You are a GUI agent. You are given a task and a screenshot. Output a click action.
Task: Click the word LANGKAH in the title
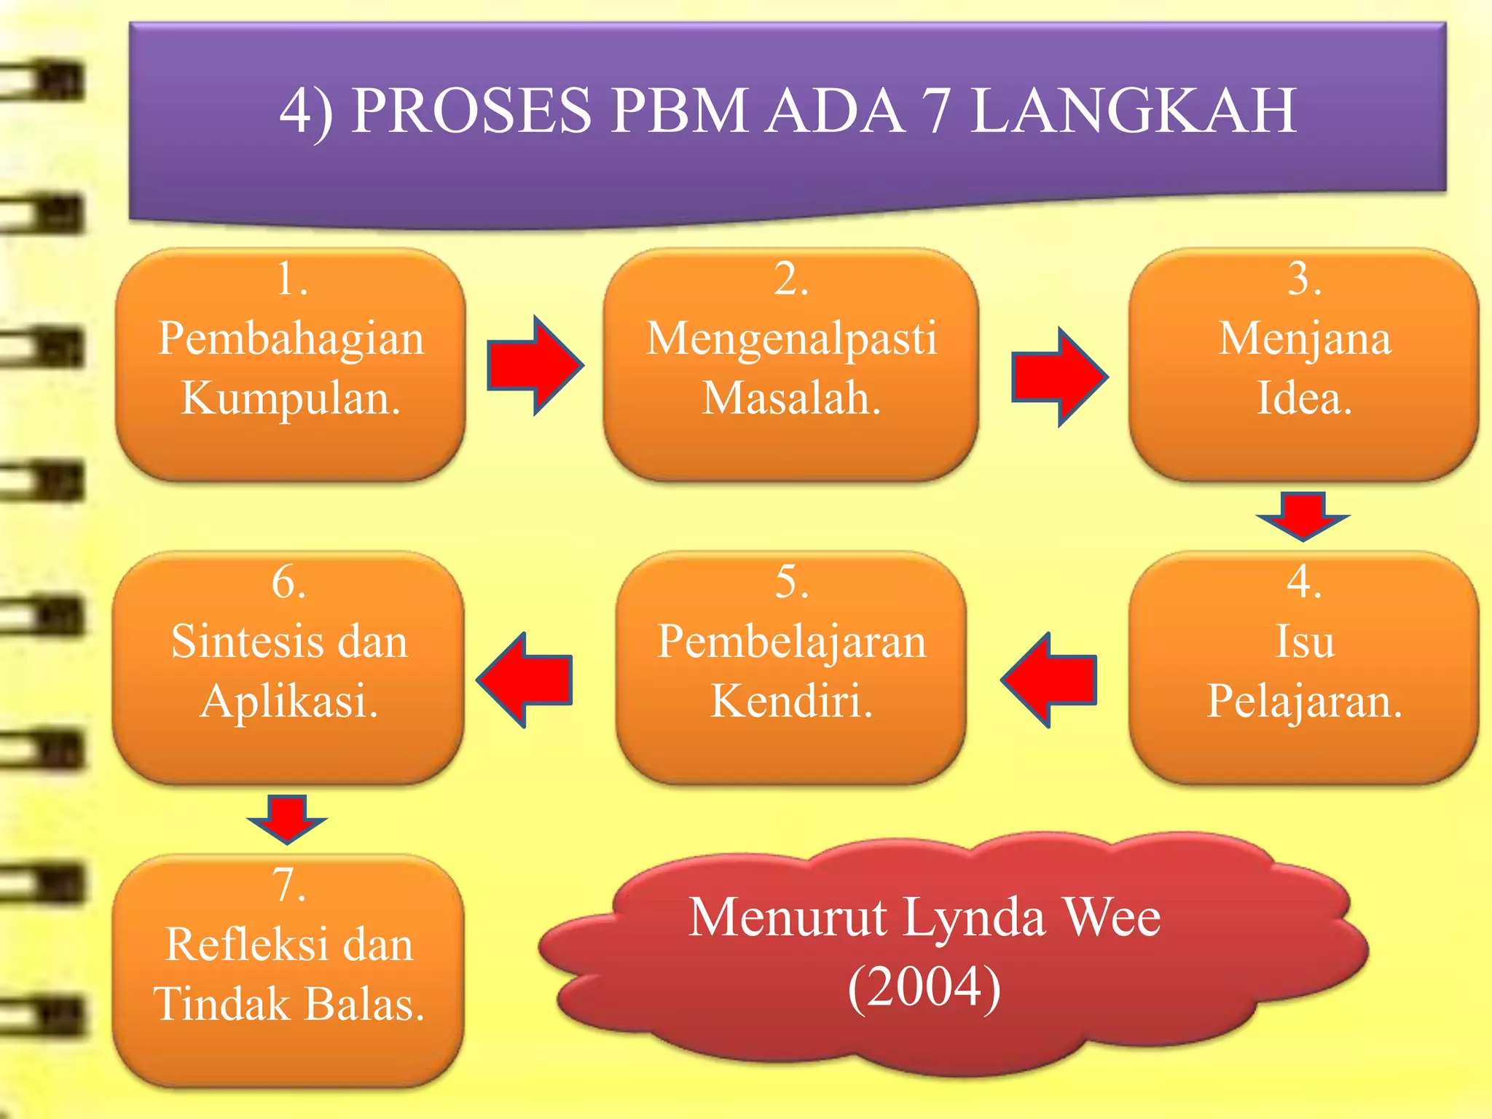pyautogui.click(x=1134, y=111)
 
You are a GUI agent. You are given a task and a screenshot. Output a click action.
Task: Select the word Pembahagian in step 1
pyautogui.click(x=291, y=339)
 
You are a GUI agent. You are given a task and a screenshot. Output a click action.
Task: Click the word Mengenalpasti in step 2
pyautogui.click(x=791, y=339)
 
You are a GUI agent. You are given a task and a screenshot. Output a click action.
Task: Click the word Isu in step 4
pyautogui.click(x=1305, y=642)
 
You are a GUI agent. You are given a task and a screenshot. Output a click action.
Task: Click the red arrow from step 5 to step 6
pyautogui.click(x=525, y=680)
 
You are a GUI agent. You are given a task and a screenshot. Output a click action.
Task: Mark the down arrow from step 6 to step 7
pyautogui.click(x=287, y=818)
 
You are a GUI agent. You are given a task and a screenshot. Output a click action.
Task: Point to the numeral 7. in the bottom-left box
pyautogui.click(x=288, y=885)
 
